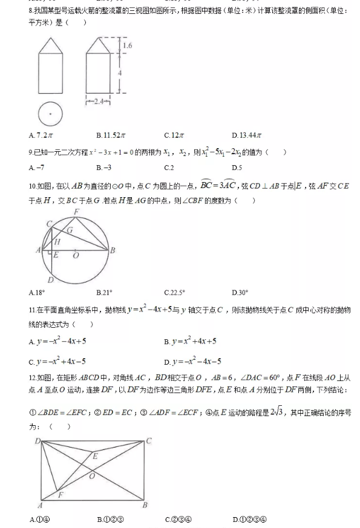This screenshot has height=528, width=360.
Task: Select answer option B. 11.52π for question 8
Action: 111,135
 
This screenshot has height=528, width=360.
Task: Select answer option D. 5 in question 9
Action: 237,168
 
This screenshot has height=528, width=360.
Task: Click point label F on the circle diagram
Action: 76,211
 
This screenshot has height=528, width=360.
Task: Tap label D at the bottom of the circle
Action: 50,279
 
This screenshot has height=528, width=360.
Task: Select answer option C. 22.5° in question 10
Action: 174,293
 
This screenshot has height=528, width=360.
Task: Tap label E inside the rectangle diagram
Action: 95,457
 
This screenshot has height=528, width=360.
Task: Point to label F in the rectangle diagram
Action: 60,495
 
